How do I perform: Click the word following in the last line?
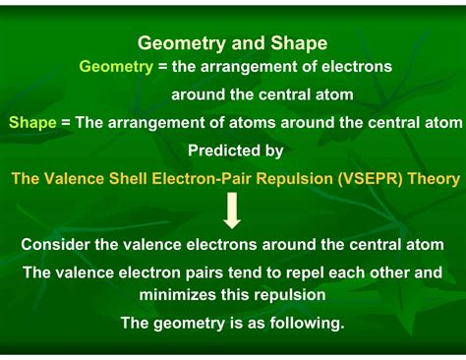click(x=308, y=322)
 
